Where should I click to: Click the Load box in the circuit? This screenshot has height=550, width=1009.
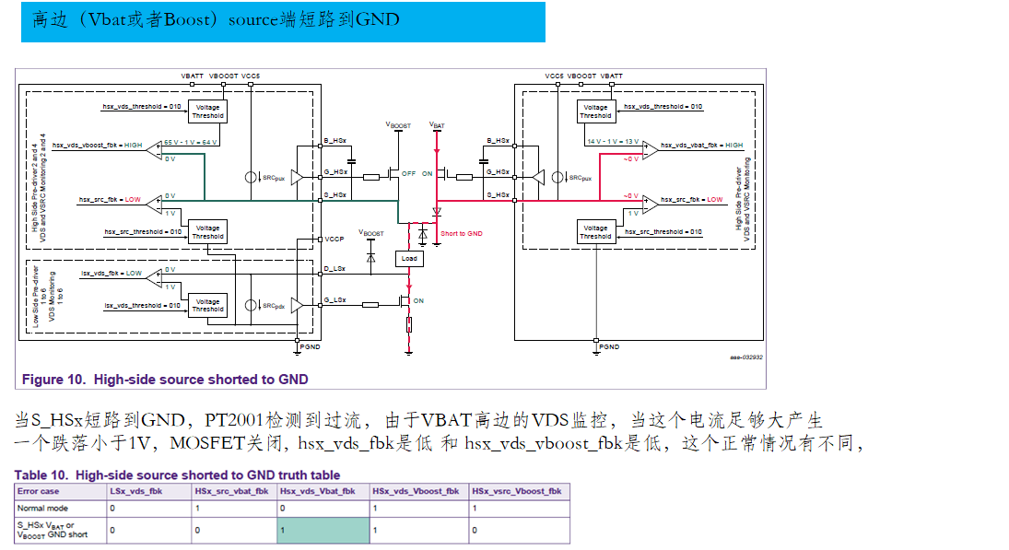pyautogui.click(x=409, y=258)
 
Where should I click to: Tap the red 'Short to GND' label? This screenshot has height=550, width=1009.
pyautogui.click(x=461, y=234)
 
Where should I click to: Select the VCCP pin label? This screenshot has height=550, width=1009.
pyautogui.click(x=335, y=239)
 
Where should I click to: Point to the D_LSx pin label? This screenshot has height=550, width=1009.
pyautogui.click(x=335, y=269)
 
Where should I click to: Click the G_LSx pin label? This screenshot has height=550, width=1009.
pyautogui.click(x=335, y=300)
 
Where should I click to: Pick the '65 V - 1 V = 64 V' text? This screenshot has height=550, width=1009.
pyautogui.click(x=191, y=141)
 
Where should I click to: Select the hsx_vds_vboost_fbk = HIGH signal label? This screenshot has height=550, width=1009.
pyautogui.click(x=98, y=145)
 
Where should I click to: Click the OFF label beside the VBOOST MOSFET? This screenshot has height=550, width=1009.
pyautogui.click(x=409, y=173)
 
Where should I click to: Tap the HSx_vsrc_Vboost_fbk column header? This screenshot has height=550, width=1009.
pyautogui.click(x=516, y=491)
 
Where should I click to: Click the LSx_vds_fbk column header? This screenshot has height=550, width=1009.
pyautogui.click(x=136, y=491)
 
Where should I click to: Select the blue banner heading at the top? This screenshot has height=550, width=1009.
pyautogui.click(x=283, y=21)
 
